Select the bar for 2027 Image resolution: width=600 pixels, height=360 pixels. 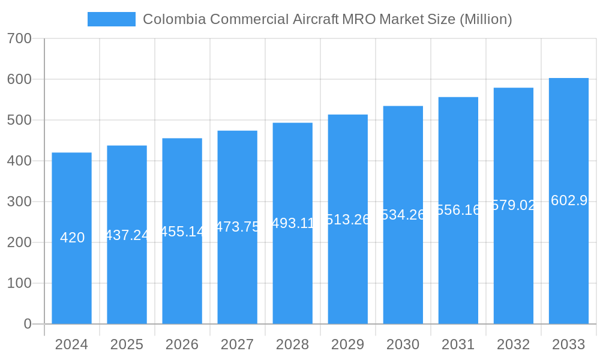pyautogui.click(x=237, y=276)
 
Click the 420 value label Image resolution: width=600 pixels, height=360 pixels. pyautogui.click(x=72, y=238)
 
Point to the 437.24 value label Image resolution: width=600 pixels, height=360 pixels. pyautogui.click(x=127, y=235)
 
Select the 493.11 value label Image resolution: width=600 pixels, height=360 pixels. pyautogui.click(x=293, y=223)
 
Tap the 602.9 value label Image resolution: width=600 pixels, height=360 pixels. pyautogui.click(x=569, y=201)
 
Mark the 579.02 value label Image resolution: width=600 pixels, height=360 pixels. pyautogui.click(x=514, y=205)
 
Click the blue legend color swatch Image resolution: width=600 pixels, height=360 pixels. pyautogui.click(x=111, y=19)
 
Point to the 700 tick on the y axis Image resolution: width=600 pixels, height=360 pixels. pyautogui.click(x=19, y=38)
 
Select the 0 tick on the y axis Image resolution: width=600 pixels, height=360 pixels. pyautogui.click(x=27, y=324)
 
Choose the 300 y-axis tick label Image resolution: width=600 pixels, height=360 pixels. pyautogui.click(x=19, y=202)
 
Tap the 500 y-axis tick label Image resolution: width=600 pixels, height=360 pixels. pyautogui.click(x=19, y=120)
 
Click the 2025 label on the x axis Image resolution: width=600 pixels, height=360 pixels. pyautogui.click(x=127, y=344)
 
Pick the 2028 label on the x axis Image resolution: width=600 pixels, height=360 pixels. pyautogui.click(x=292, y=344)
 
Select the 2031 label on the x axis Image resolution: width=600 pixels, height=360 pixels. pyautogui.click(x=458, y=344)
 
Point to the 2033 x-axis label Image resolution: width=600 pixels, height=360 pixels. pyautogui.click(x=568, y=344)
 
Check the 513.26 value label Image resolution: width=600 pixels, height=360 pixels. pyautogui.click(x=348, y=220)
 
